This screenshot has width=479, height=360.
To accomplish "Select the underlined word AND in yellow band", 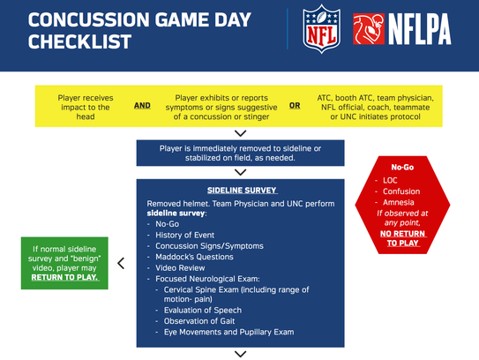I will pyautogui.click(x=142, y=105).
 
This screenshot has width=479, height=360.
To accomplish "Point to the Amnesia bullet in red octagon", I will pyautogui.click(x=401, y=202).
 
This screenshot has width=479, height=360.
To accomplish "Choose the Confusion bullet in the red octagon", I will pyautogui.click(x=401, y=191).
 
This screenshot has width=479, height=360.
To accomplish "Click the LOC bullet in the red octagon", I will pyautogui.click(x=390, y=180).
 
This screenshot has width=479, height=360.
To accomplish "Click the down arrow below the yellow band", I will pyautogui.click(x=241, y=132).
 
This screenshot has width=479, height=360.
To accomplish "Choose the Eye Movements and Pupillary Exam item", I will pyautogui.click(x=228, y=332).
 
